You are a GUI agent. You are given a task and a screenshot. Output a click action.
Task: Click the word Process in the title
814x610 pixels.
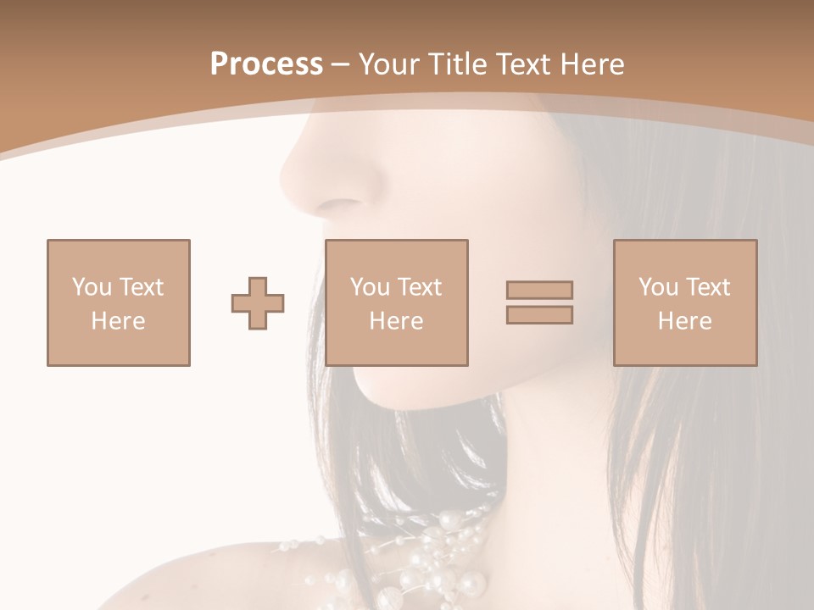pyautogui.click(x=266, y=64)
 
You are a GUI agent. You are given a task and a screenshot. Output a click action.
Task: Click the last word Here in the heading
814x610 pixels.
pyautogui.click(x=594, y=64)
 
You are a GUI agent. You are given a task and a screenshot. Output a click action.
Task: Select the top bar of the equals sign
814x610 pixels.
pyautogui.click(x=539, y=290)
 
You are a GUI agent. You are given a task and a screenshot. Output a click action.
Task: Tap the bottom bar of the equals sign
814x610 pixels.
pyautogui.click(x=539, y=315)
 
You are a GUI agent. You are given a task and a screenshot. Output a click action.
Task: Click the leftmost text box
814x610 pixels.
pyautogui.click(x=119, y=302)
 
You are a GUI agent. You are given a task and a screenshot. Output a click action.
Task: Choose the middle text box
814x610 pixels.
pyautogui.click(x=397, y=302)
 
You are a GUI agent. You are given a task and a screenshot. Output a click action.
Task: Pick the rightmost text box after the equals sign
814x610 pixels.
pyautogui.click(x=685, y=302)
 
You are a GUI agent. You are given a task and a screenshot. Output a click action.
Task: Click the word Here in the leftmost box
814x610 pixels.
pyautogui.click(x=119, y=321)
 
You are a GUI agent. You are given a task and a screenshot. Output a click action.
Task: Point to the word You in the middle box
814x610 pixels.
pyautogui.click(x=370, y=287)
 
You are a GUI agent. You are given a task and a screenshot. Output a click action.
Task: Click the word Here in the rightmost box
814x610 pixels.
pyautogui.click(x=685, y=321)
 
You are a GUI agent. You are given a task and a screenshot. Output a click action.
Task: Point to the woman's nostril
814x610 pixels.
pyautogui.click(x=341, y=203)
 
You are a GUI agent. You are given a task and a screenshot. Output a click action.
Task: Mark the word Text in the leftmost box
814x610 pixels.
pyautogui.click(x=141, y=287)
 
